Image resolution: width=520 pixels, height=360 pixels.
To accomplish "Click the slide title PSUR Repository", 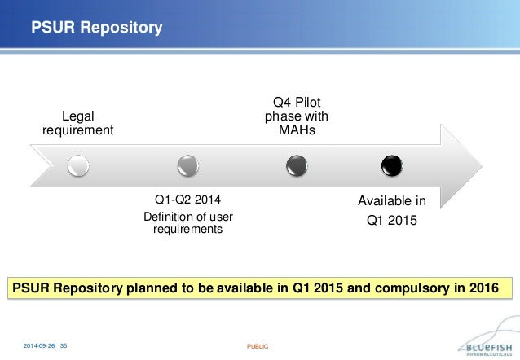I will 96,29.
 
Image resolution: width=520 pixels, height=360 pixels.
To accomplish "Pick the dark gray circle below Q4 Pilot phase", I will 296,167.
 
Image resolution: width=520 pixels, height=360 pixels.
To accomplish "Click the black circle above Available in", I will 392,167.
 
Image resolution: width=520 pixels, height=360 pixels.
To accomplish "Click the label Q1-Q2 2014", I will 187,200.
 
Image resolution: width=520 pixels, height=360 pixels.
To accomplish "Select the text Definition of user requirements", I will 187,222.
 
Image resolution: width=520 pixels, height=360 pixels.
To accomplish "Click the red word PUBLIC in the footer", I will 258,346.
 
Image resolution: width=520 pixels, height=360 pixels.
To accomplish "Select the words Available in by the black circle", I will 392,200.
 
